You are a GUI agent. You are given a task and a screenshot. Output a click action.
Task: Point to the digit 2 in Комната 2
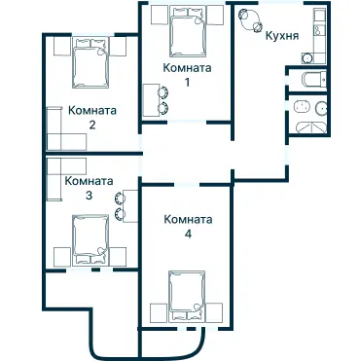coord(91,125)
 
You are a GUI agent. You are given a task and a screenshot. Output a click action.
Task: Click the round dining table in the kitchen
coord(250,19)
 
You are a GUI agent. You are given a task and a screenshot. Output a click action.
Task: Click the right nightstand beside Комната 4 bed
coord(217,312)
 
